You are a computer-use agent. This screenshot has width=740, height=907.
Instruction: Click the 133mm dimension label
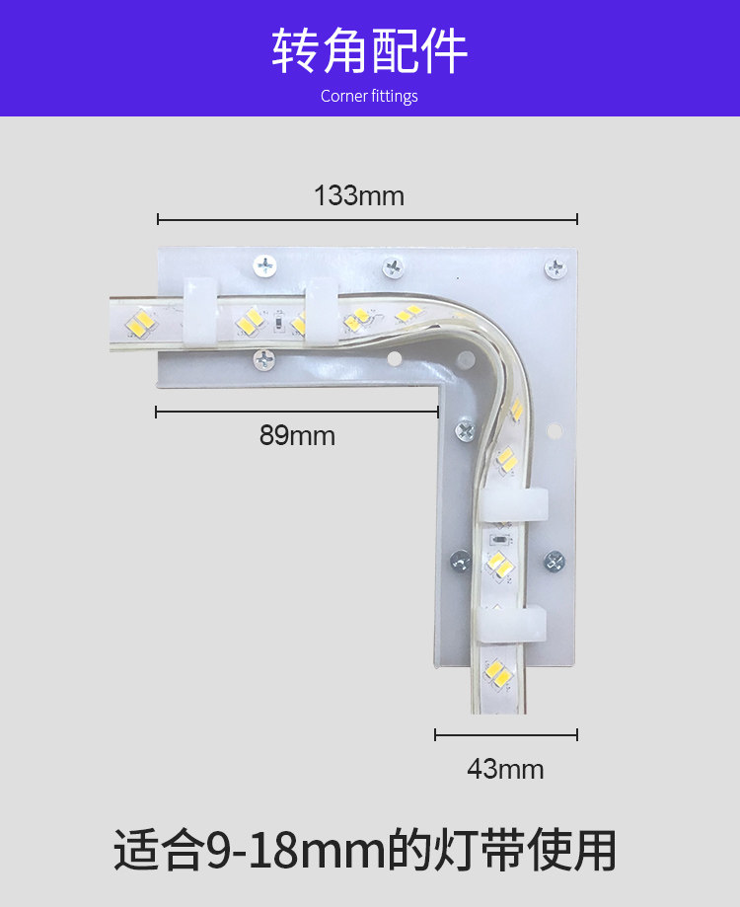point(359,195)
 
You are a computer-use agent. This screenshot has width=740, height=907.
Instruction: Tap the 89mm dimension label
point(297,435)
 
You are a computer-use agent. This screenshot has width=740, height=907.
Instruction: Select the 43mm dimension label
point(506,770)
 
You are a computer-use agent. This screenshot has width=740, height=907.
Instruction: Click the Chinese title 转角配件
point(369,51)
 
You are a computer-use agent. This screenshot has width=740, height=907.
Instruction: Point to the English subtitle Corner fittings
point(369,96)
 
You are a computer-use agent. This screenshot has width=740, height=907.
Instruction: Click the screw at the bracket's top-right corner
point(555,267)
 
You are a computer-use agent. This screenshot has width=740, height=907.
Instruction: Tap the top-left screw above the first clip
point(265,266)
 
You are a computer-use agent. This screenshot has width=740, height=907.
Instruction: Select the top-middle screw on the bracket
point(393,267)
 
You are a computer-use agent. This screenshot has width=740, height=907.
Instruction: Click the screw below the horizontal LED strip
point(264,360)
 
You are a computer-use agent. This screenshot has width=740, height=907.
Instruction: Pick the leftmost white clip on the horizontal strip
point(200,312)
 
